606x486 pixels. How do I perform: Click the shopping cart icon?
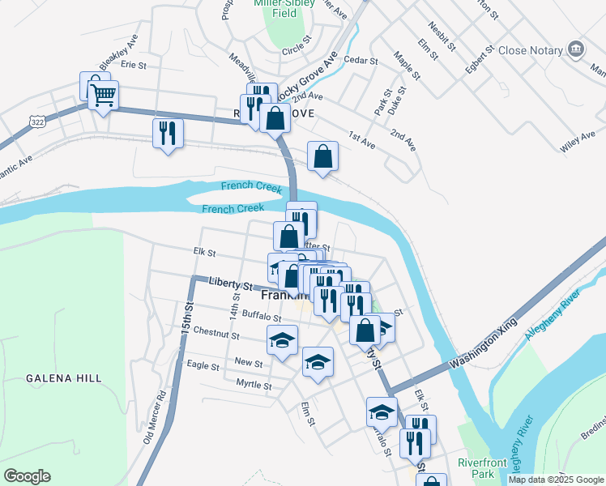(103, 96)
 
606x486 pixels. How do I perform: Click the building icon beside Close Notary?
(576, 49)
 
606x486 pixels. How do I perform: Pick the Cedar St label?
(361, 61)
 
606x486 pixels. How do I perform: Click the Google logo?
(27, 476)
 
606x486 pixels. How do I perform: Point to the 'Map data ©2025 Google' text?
(556, 480)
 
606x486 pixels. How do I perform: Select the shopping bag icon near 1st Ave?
(322, 157)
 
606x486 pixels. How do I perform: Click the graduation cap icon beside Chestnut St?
(282, 341)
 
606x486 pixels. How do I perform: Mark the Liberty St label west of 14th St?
(231, 285)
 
